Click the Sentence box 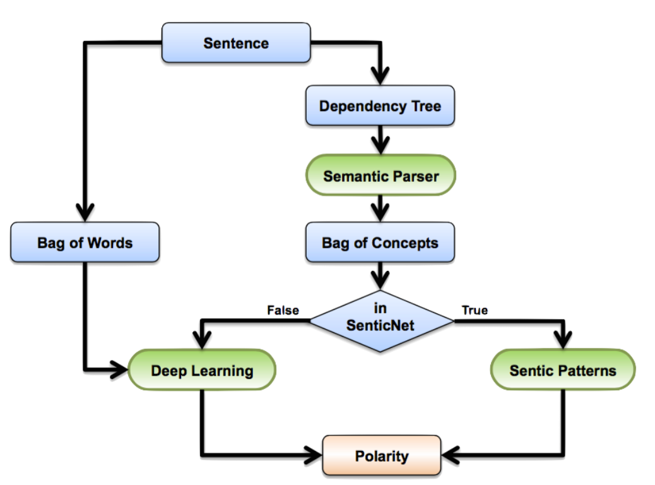236,43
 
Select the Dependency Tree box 380,105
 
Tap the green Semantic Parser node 381,175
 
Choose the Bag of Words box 85,242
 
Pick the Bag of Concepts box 380,242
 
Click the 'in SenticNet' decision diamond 381,321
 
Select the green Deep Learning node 202,370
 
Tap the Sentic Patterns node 563,370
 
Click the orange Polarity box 382,455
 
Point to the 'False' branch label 283,310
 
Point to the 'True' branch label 475,310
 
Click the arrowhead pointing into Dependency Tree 380,76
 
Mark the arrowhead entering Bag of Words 85,212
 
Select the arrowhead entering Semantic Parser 380,145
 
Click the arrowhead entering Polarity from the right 451,455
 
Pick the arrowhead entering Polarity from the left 313,455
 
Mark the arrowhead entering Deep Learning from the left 119,369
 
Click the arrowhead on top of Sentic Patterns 563,340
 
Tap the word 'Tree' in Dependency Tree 426,106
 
